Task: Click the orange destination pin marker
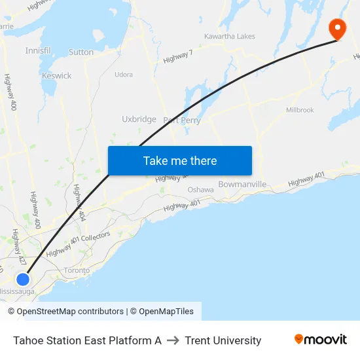[x=338, y=27]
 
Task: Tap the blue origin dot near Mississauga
[x=23, y=279]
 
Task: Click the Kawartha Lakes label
[x=229, y=36]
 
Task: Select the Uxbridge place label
[x=139, y=119]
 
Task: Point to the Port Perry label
[x=182, y=120]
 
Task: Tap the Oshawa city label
[x=200, y=190]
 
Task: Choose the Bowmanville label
[x=242, y=184]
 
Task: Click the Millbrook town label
[x=300, y=110]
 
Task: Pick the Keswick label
[x=56, y=76]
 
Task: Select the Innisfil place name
[x=37, y=50]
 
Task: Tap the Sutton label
[x=81, y=52]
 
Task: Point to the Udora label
[x=124, y=75]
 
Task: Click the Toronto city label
[x=77, y=270]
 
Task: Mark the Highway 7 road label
[x=177, y=57]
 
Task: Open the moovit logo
[x=320, y=340]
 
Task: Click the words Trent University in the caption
[x=223, y=340]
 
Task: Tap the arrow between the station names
[x=173, y=340]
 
